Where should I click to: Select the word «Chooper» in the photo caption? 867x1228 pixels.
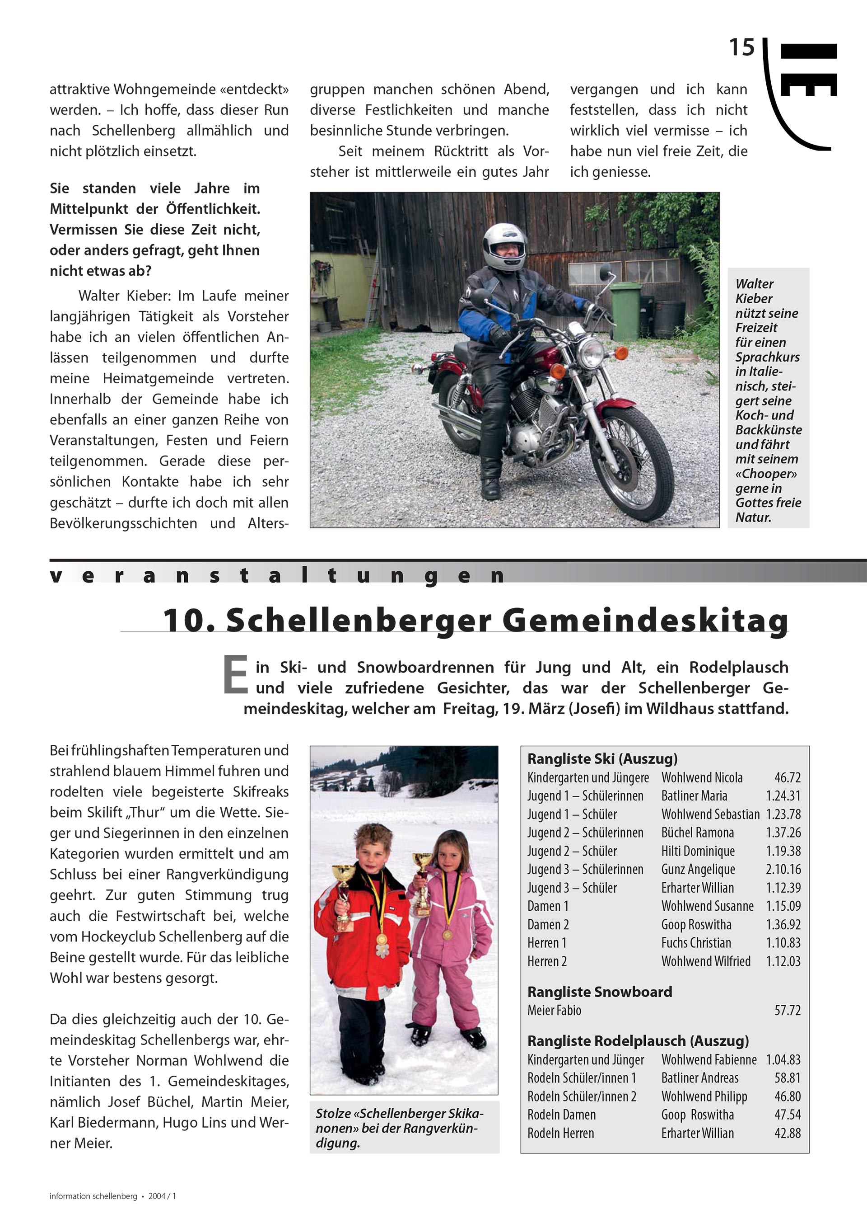coord(766,474)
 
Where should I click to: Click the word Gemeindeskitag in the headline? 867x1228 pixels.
coord(645,621)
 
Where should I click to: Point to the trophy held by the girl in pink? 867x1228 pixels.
coord(422,874)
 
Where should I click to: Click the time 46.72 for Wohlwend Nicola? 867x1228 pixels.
coord(788,778)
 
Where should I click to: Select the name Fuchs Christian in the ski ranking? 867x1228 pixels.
coord(696,943)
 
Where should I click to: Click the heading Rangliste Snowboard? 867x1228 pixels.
coord(599,992)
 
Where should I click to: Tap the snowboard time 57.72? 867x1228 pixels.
coord(788,1010)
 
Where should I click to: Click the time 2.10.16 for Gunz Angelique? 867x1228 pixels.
coord(783,870)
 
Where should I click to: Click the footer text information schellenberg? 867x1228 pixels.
coord(93,1196)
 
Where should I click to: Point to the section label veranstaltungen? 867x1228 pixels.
coord(278,575)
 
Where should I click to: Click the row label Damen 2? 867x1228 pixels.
coord(548,925)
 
